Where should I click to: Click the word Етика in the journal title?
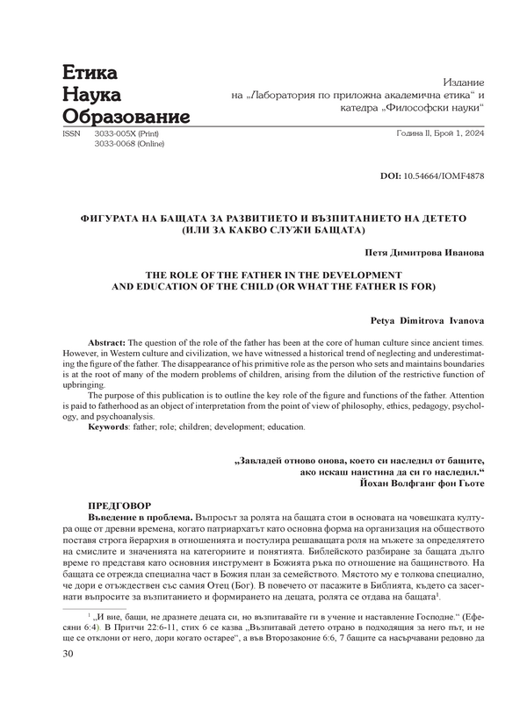[90, 73]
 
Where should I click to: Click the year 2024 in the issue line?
[472, 134]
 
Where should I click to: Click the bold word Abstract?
[108, 339]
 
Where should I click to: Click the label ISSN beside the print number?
[69, 134]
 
